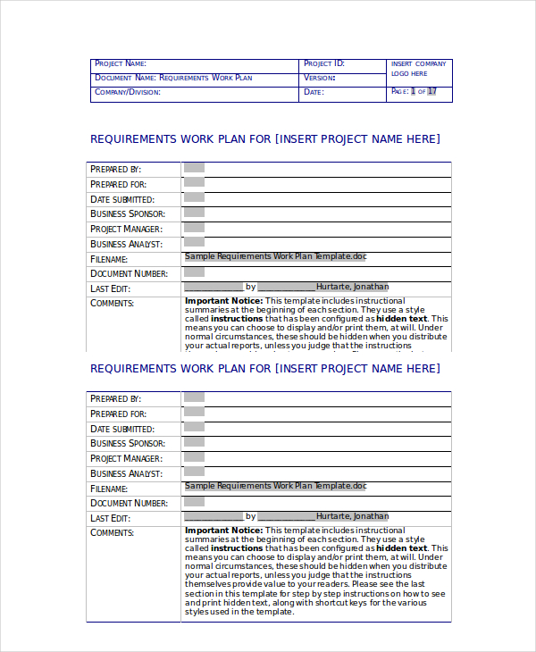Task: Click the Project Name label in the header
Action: (120, 64)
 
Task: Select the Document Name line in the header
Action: (173, 78)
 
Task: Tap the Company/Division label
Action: (128, 92)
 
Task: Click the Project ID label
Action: (323, 64)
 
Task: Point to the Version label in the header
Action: (319, 78)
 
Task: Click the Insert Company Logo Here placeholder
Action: (418, 69)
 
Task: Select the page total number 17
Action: (432, 91)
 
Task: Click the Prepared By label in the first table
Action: (116, 169)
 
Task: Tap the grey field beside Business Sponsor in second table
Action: (194, 443)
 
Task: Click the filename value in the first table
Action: (275, 256)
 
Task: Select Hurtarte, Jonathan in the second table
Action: (353, 516)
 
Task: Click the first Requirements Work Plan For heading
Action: (265, 138)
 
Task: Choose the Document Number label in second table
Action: (129, 504)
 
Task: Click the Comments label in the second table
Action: (112, 533)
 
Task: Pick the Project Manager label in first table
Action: (126, 229)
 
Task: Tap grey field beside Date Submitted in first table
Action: (194, 198)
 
